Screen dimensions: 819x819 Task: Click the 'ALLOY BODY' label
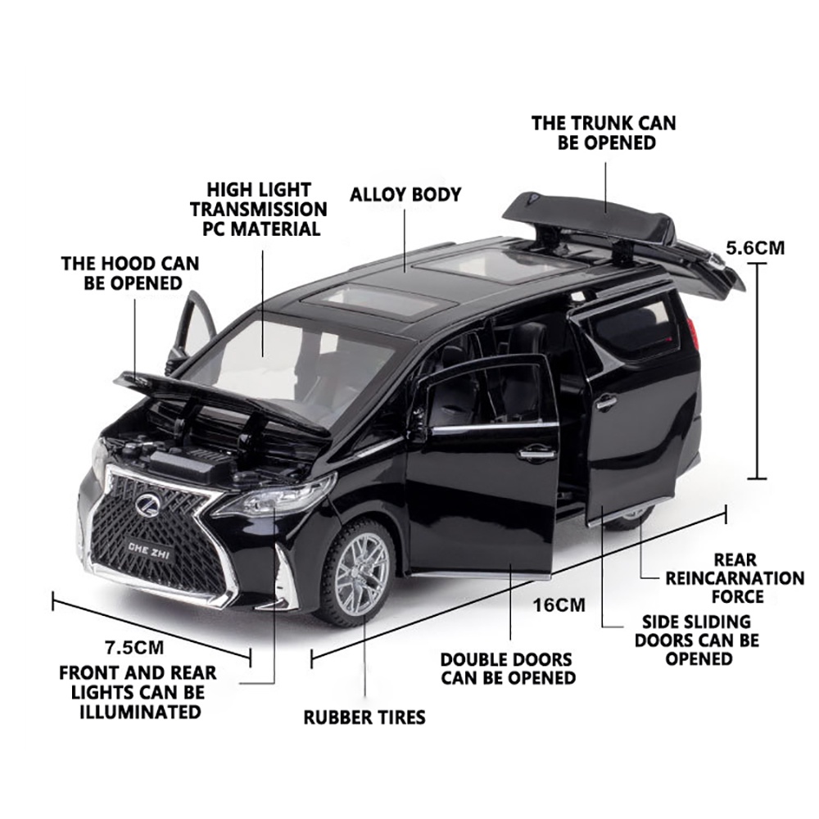(x=405, y=195)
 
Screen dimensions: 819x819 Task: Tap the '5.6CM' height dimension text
(x=756, y=247)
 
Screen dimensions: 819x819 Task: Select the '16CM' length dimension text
(x=559, y=605)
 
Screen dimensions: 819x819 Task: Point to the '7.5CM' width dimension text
(x=136, y=647)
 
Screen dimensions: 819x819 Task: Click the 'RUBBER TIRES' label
(x=364, y=717)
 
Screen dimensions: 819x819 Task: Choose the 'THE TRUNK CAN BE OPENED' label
(x=604, y=133)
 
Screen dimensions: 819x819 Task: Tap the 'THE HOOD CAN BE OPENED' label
(x=129, y=274)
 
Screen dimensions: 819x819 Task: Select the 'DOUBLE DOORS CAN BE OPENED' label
(x=508, y=668)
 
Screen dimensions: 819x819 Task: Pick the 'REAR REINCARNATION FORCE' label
(x=735, y=578)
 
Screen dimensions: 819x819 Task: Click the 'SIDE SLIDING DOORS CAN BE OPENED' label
(x=697, y=640)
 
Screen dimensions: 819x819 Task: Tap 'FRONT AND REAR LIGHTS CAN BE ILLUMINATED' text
(x=138, y=692)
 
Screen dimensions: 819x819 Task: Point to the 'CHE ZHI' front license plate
(x=148, y=542)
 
